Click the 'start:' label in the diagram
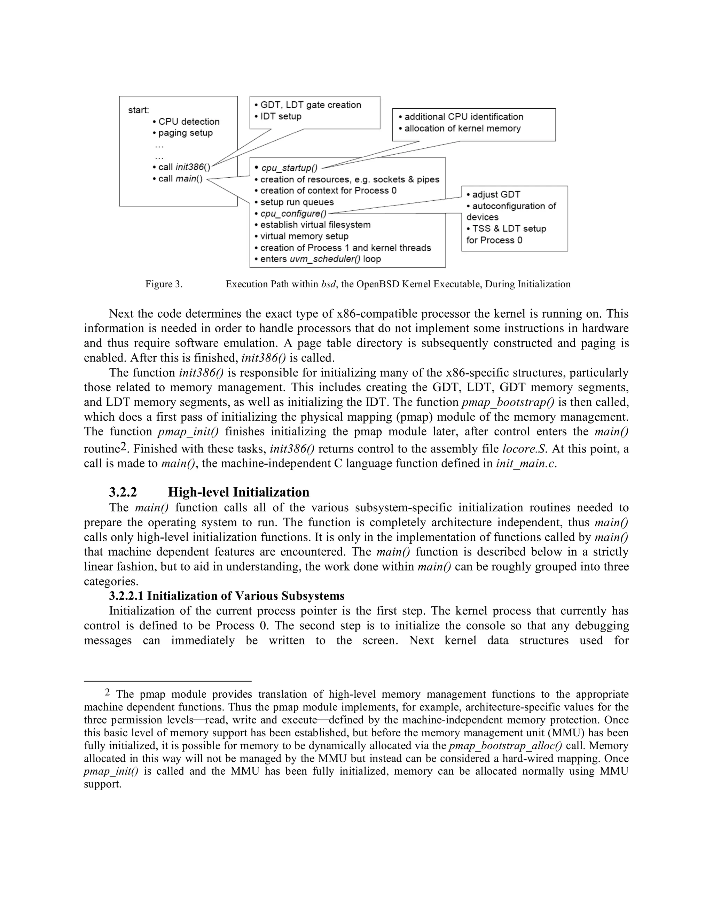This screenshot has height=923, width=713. [139, 110]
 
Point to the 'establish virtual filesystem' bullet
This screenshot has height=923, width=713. [315, 225]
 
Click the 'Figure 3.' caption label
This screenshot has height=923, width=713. [164, 284]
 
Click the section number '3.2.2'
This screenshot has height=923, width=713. [123, 492]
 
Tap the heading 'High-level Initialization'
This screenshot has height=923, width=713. [238, 492]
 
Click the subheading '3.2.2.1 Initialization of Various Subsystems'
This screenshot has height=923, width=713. [227, 596]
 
